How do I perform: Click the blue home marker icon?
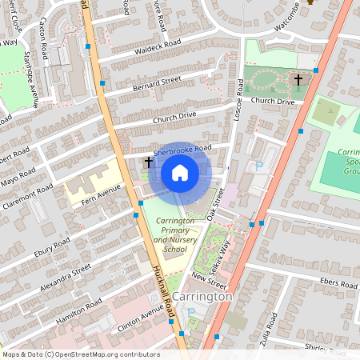180,173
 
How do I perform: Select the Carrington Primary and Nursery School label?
165,234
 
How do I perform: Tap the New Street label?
210,279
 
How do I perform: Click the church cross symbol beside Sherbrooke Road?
148,162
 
